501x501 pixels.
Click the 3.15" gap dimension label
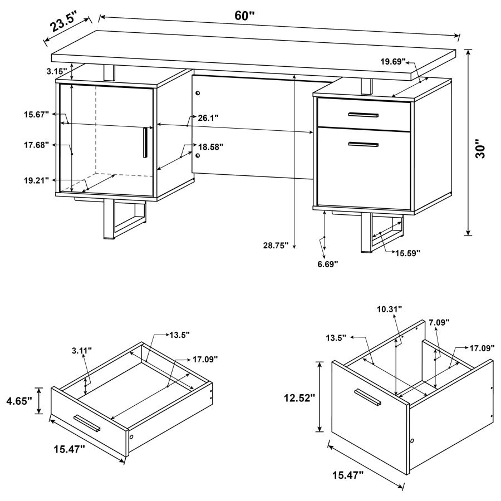pos(57,72)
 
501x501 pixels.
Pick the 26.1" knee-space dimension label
pos(208,117)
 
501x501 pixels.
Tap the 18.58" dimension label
pos(211,147)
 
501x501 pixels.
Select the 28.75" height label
pos(275,245)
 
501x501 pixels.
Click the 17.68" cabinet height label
pos(36,145)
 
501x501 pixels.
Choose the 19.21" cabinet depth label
pos(36,180)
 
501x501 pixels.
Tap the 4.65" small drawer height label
pos(18,400)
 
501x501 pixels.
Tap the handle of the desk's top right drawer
pos(363,115)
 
